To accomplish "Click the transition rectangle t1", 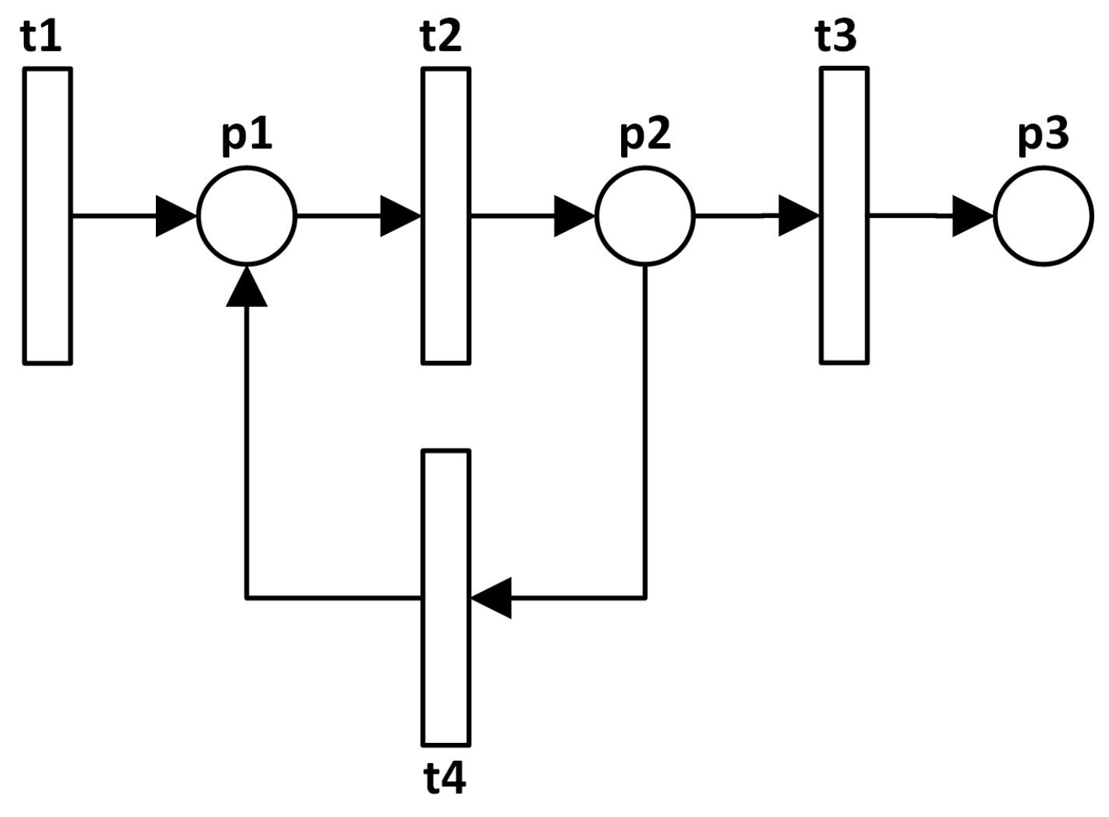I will point(48,216).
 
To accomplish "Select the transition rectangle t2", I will point(446,216).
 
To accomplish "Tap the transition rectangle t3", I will point(844,216).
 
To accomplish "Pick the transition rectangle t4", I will point(446,598).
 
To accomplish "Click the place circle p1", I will point(247,216).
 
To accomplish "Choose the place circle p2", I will point(645,216).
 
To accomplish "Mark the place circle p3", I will point(1044,216).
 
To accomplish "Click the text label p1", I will point(247,137).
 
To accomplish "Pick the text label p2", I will point(646,137).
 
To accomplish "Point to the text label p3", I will point(1044,137).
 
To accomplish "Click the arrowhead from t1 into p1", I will point(175,216).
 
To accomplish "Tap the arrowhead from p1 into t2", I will point(400,216).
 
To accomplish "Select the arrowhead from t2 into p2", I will point(574,216).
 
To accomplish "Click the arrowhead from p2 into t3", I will point(799,216).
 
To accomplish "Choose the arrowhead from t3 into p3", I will point(972,216).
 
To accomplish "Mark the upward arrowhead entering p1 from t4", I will point(247,287).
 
